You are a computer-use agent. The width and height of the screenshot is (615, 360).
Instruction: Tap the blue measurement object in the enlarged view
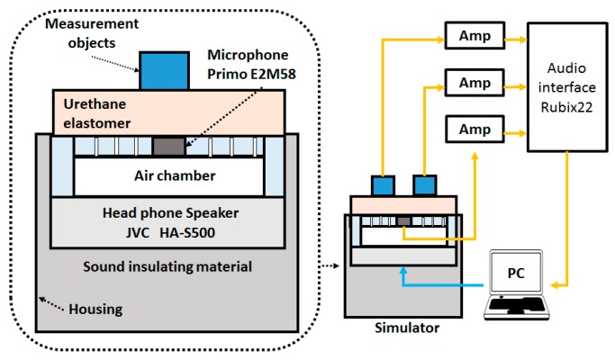(163, 70)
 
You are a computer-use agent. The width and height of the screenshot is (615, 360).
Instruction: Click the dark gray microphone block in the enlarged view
(167, 146)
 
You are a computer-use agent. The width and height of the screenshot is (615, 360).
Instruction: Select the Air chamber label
(168, 175)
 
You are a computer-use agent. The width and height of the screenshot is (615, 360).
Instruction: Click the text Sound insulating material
(167, 267)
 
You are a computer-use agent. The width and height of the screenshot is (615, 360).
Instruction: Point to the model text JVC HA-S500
(168, 233)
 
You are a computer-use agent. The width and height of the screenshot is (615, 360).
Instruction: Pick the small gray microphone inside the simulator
(403, 220)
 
